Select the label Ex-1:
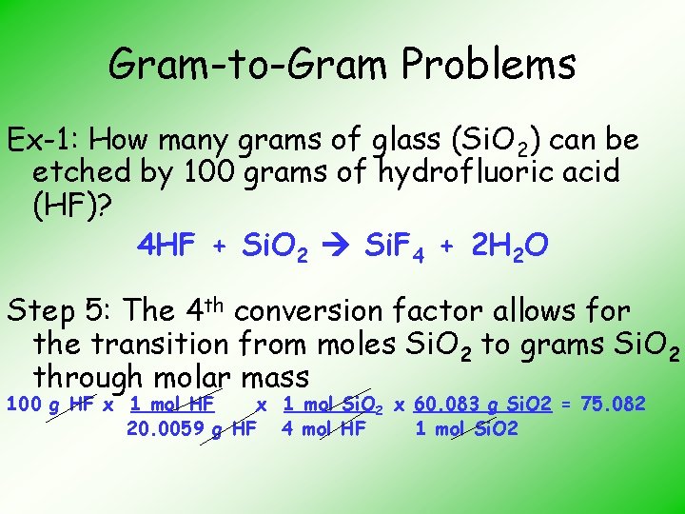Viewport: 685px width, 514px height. click(47, 141)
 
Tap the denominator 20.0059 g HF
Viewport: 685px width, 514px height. click(191, 428)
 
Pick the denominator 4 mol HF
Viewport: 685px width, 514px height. click(323, 428)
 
